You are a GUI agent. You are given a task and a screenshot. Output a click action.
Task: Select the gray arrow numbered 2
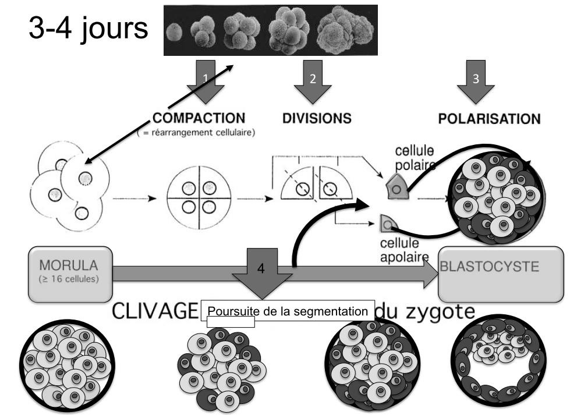(x=312, y=84)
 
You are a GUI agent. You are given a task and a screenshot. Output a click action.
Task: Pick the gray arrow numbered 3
(x=476, y=84)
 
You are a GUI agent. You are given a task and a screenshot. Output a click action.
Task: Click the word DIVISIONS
(x=317, y=119)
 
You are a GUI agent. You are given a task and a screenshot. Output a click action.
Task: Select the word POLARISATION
(x=488, y=119)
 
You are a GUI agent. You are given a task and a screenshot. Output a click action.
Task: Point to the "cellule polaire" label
(x=415, y=157)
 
